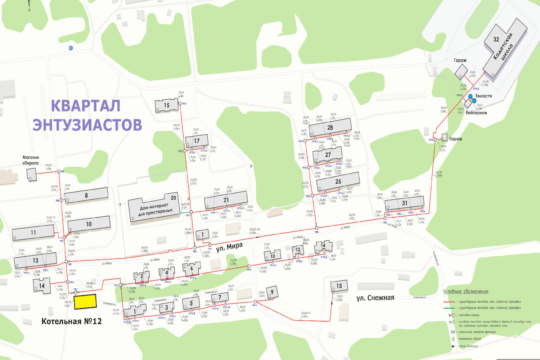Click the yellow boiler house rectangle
click(85, 302)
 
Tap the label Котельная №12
click(71, 321)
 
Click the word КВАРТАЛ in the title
click(86, 106)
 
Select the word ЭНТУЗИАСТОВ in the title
click(87, 125)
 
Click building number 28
click(330, 127)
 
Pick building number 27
click(328, 155)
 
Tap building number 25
click(338, 181)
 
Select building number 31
click(404, 203)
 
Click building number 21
click(226, 200)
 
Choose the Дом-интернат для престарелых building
click(154, 208)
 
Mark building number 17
click(197, 141)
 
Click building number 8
click(86, 195)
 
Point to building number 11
click(33, 233)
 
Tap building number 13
click(35, 260)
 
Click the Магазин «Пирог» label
click(31, 160)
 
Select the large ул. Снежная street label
click(375, 298)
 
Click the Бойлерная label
click(476, 113)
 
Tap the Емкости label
click(483, 96)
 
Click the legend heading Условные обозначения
click(465, 292)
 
